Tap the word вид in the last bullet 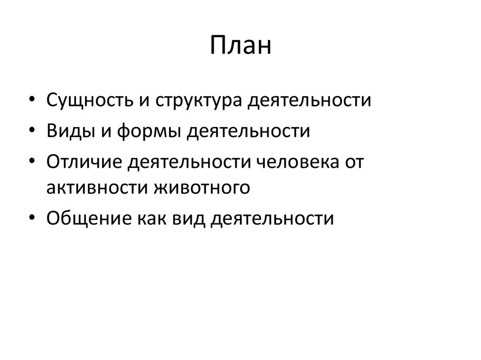click(x=184, y=218)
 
